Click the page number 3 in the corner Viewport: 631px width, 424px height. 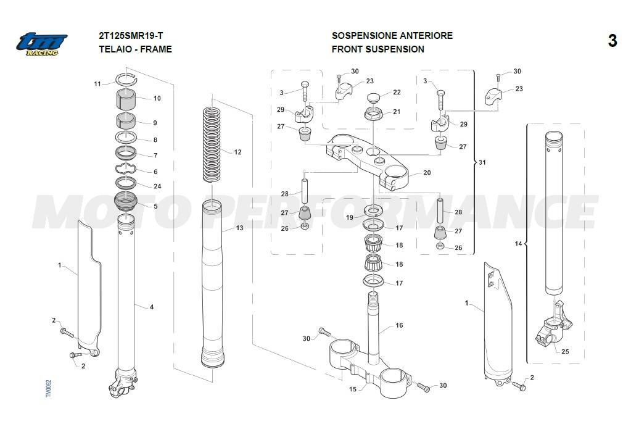(x=612, y=41)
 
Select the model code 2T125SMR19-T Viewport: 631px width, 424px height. (x=129, y=36)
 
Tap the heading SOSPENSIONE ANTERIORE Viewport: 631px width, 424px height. (x=392, y=36)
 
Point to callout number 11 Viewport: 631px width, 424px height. (x=97, y=83)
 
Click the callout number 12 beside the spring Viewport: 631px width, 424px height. (x=238, y=152)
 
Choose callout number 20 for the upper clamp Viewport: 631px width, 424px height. (x=427, y=173)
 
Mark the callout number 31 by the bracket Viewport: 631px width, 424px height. (x=482, y=163)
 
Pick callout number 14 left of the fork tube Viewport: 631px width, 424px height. (x=518, y=244)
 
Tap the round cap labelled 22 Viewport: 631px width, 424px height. (x=374, y=98)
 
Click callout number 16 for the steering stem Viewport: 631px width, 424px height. (x=399, y=325)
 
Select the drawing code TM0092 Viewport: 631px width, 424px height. (x=49, y=388)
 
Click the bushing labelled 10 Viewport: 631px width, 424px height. (x=128, y=99)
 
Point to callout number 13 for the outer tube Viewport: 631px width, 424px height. (x=239, y=228)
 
